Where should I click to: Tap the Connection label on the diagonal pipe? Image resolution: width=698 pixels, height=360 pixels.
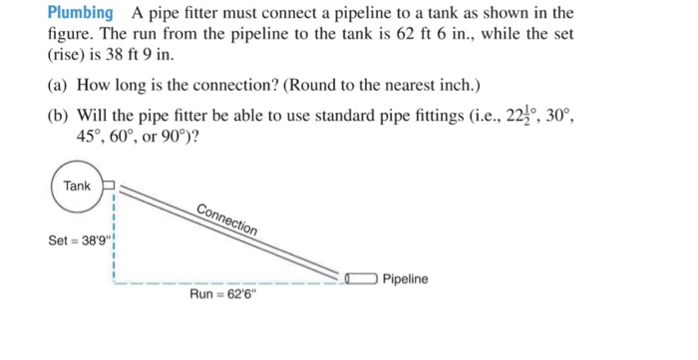226,218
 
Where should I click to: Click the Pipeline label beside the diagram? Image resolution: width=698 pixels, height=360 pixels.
405,279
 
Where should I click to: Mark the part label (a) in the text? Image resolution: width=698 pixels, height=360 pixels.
59,86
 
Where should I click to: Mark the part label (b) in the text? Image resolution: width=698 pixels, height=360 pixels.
59,116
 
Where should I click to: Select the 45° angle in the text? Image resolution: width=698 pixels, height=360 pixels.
91,137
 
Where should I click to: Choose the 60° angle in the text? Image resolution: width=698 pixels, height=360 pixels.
128,137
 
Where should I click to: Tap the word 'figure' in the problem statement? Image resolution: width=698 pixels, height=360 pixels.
69,34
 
